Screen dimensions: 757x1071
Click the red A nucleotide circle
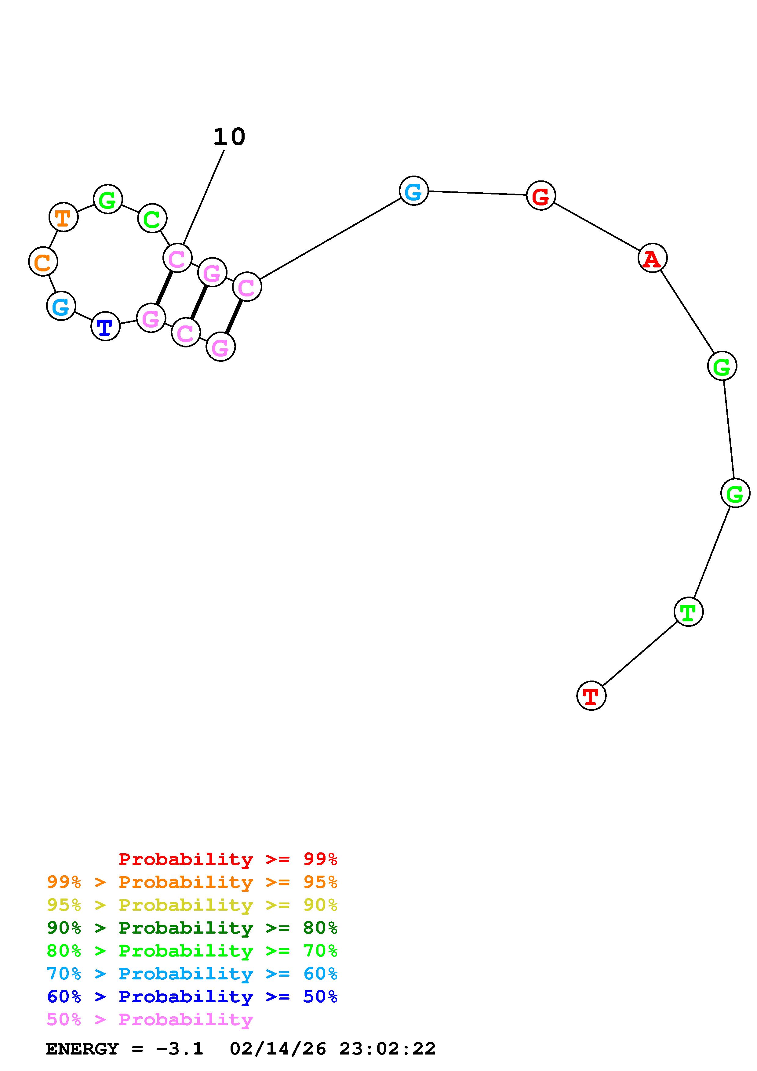652,258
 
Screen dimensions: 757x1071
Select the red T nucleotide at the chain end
591,695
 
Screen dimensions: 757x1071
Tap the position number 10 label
229,137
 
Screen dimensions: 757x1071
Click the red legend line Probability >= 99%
228,859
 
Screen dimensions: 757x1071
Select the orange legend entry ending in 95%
192,882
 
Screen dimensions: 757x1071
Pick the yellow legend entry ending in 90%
192,905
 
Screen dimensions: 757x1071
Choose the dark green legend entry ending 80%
192,928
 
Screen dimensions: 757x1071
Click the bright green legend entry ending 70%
192,951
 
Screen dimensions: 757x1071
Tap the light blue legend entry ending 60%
192,974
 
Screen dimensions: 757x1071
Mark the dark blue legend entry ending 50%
192,997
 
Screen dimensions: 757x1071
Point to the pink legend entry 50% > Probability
150,1019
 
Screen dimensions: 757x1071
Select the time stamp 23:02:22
387,1049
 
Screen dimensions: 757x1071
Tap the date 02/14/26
278,1049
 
